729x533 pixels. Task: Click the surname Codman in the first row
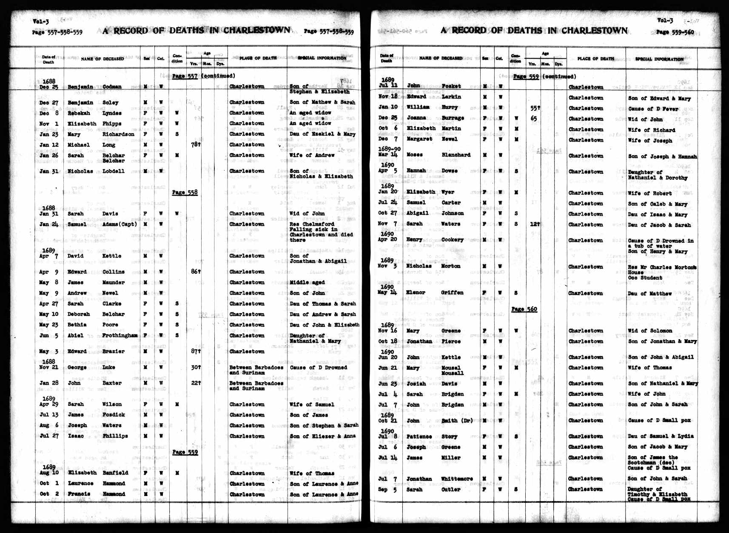coord(112,87)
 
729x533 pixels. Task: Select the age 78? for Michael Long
coord(195,145)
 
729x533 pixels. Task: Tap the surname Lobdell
coord(114,171)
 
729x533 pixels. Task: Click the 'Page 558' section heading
coord(185,193)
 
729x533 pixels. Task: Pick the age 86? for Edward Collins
coord(195,272)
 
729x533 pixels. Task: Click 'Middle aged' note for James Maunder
coord(307,283)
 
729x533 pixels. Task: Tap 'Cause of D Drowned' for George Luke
coord(318,368)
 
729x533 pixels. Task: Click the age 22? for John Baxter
coord(195,383)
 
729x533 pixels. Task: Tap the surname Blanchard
coord(456,155)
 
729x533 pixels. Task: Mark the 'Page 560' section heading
coord(524,309)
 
